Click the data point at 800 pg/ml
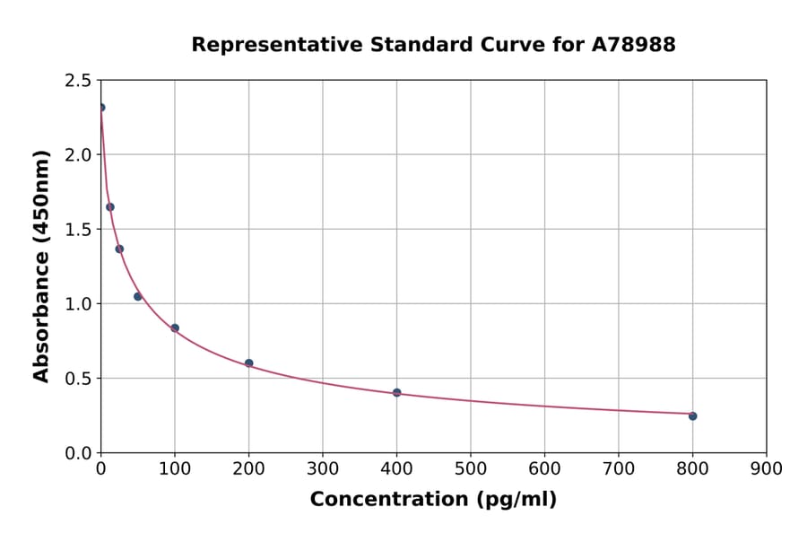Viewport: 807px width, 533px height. point(692,415)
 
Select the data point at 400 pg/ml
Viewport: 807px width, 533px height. point(396,392)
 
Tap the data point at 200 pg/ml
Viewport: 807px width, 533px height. point(248,363)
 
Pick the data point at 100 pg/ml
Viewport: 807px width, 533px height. point(175,328)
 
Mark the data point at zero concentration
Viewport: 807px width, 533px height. point(100,107)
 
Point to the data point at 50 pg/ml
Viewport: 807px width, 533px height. point(137,296)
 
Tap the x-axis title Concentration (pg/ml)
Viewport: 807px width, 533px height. point(433,500)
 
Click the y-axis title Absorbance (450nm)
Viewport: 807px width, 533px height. point(41,266)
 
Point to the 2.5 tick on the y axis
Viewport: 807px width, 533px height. point(77,81)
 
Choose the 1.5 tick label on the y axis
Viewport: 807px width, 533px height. point(77,230)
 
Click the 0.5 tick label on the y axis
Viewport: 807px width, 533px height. point(77,379)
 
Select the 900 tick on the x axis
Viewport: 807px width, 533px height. point(767,468)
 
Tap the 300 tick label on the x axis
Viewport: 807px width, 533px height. point(323,468)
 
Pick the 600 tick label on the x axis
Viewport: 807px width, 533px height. point(544,468)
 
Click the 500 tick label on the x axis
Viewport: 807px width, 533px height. point(471,468)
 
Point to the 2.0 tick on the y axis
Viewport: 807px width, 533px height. point(77,155)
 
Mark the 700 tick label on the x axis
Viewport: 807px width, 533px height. point(619,468)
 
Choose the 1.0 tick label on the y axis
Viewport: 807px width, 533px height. point(77,304)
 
